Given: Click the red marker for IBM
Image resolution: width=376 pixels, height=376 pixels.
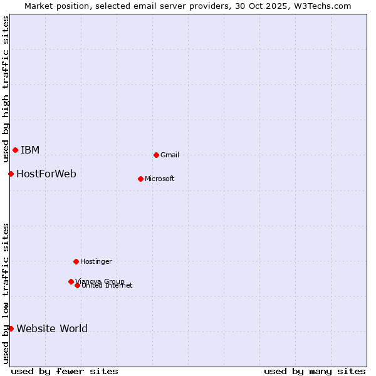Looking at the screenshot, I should point(15,150).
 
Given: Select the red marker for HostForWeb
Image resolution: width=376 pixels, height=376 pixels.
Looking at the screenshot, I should point(11,174).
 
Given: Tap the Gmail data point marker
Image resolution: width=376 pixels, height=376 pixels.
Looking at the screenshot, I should point(156,155).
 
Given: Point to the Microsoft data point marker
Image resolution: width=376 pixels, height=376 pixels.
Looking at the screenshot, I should point(140,179).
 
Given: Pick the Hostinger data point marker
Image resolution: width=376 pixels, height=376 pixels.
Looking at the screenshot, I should point(76,261).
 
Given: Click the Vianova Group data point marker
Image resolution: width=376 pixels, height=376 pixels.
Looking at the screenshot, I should point(71,281).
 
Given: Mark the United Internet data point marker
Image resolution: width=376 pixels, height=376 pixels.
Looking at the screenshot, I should point(77,285).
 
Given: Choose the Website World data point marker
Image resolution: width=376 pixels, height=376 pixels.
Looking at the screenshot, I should point(11,328).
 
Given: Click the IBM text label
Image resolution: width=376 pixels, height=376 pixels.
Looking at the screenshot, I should point(30,150).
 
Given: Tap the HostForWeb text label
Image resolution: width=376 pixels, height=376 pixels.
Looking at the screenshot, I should point(46,174).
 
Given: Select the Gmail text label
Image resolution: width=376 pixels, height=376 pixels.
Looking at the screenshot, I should point(170,155).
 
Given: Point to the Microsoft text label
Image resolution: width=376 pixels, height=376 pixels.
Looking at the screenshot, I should point(160,179).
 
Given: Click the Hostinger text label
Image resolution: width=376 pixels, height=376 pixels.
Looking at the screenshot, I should point(96,261).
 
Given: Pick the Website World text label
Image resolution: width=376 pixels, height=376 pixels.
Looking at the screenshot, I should point(52,328).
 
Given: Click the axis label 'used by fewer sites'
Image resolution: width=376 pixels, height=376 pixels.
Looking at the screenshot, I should point(65,371).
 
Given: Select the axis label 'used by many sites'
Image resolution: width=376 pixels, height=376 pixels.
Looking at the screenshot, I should point(315,371).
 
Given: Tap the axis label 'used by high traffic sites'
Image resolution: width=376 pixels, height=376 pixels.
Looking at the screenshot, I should point(6,89).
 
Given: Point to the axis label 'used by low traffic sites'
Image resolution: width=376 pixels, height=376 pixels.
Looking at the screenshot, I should point(6,293).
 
